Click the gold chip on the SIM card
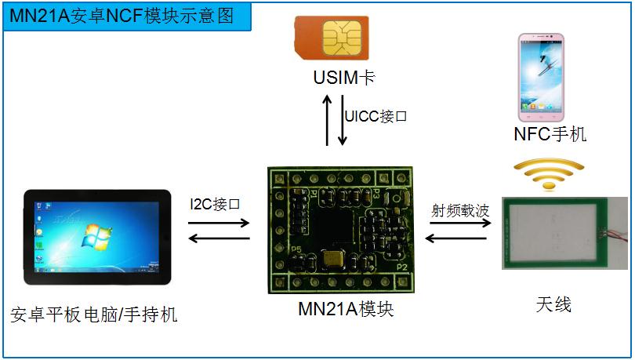343,36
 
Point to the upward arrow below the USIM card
328,119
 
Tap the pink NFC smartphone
540,73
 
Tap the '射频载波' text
460,210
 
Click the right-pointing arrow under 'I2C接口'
219,223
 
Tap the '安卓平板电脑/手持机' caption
94,315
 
